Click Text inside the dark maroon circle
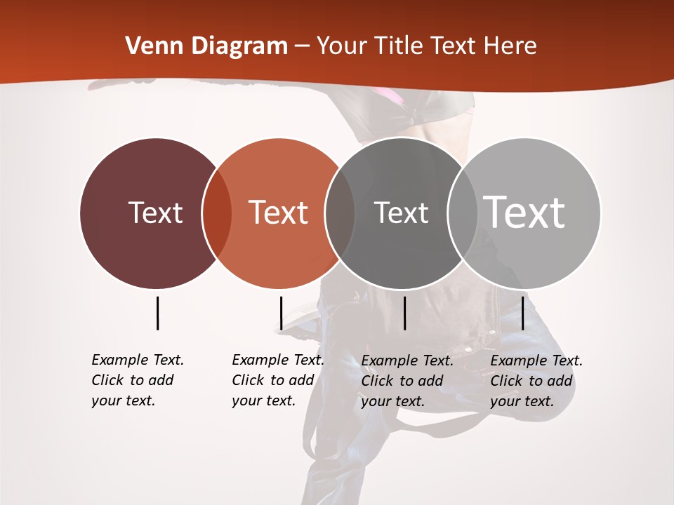pos(155,213)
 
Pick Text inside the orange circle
pos(278,213)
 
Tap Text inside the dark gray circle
pos(401,213)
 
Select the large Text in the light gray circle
pos(524,212)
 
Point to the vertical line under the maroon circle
pos(157,313)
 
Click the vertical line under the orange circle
pos(281,313)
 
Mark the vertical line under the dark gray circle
pos(404,313)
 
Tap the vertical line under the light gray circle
pos(522,313)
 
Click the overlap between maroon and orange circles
pos(217,213)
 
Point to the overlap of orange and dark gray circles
pos(340,213)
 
